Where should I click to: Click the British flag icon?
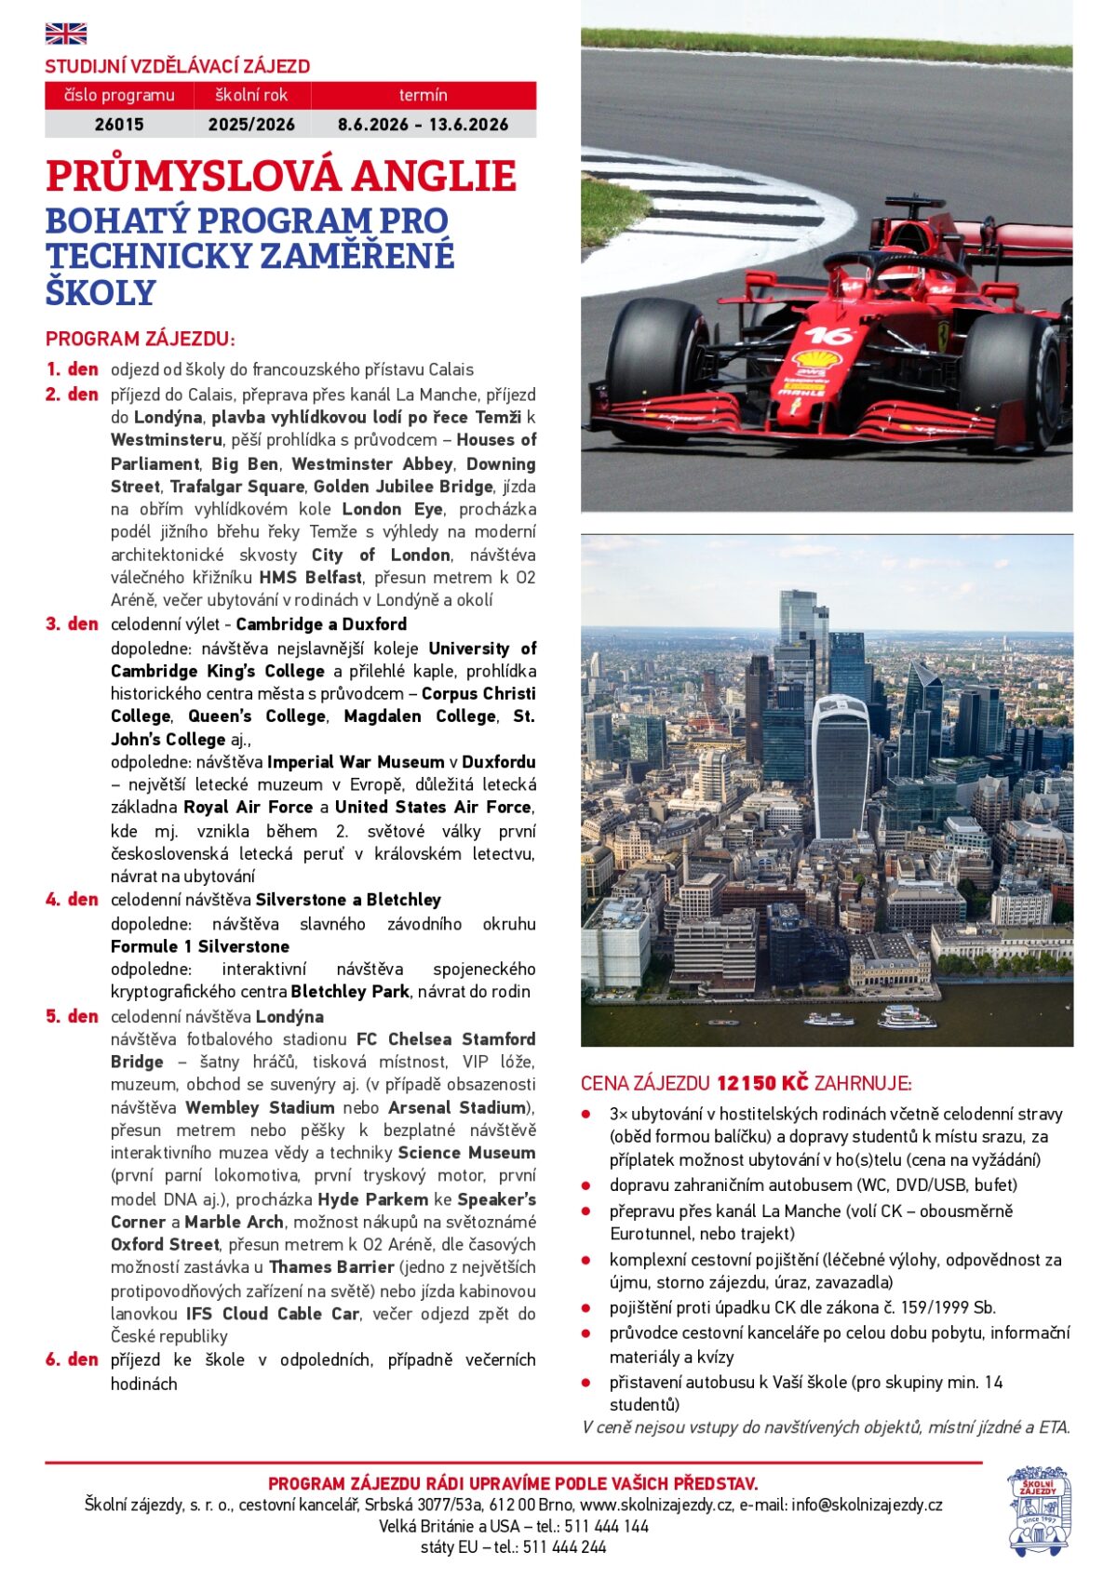point(65,34)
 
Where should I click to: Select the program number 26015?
point(119,124)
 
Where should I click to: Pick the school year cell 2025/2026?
point(251,124)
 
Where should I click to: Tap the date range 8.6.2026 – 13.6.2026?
point(423,124)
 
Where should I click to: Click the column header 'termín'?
point(423,95)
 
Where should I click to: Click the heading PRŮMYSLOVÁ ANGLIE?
point(280,177)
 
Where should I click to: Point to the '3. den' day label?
point(72,623)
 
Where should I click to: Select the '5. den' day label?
point(72,1016)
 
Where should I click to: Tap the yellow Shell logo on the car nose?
point(815,359)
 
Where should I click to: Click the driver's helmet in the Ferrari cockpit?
point(899,278)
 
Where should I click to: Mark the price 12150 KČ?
point(761,1083)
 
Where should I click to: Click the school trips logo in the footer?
point(1040,1511)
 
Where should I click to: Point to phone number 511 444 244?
point(564,1546)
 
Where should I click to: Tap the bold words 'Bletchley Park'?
point(350,992)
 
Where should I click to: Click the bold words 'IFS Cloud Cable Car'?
point(273,1314)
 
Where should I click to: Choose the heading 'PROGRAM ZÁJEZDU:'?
point(141,339)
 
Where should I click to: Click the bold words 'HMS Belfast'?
point(310,577)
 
